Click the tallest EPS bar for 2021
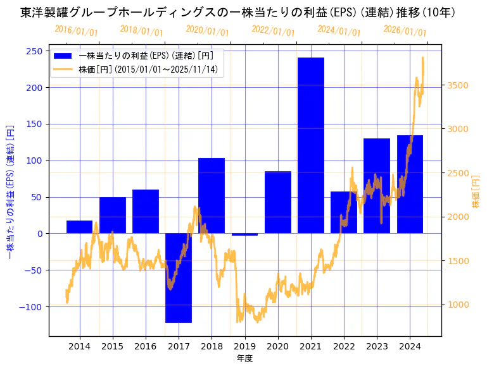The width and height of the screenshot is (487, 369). [x=311, y=145]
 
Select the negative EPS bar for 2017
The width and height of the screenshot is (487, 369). [x=179, y=278]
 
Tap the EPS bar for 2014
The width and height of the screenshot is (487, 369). [x=80, y=227]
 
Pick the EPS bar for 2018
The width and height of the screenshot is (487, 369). [x=212, y=196]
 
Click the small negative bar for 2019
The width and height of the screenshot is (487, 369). [x=244, y=234]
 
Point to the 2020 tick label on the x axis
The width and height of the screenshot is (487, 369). [x=277, y=346]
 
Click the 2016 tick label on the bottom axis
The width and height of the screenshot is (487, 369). [x=146, y=346]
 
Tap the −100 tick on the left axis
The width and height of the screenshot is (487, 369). [x=32, y=306]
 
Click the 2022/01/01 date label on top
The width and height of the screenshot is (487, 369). [x=272, y=31]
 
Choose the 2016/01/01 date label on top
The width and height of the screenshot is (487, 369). [x=76, y=31]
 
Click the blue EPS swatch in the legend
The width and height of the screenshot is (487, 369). [x=63, y=56]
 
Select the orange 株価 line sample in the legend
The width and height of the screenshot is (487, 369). [x=63, y=69]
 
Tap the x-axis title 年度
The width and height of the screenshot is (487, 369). [x=244, y=358]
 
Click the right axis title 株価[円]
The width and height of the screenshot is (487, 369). [x=476, y=191]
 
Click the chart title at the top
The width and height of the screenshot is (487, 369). [x=237, y=13]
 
